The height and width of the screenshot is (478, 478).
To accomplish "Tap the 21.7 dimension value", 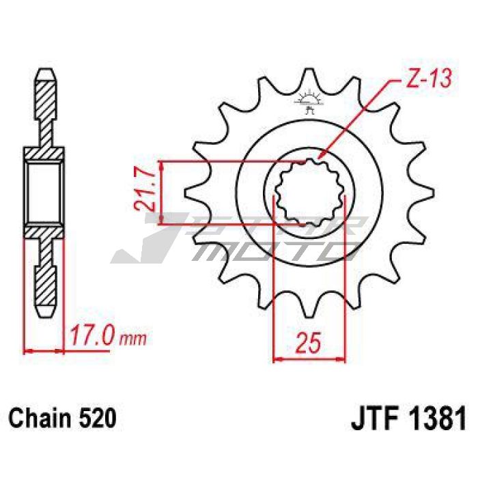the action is tap(144, 191).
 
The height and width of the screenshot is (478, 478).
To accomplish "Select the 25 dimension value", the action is tap(309, 343).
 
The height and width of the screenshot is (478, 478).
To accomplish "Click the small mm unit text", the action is tap(133, 339).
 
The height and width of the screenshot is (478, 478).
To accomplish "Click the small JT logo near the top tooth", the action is tap(309, 101).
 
